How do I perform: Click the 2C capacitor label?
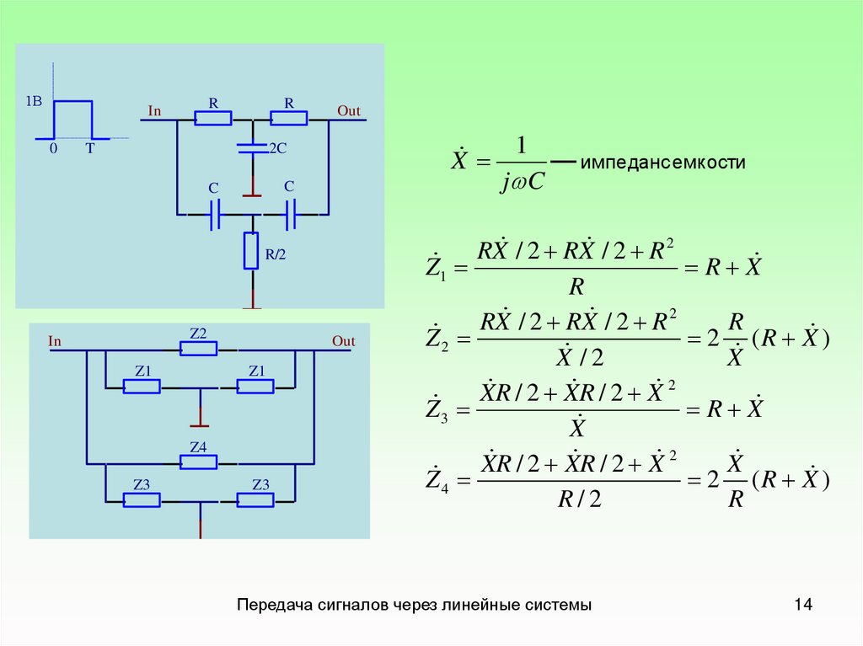(x=278, y=148)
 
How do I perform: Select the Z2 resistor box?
(x=199, y=349)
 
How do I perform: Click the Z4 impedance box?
(x=199, y=462)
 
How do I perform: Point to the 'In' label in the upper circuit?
(x=154, y=111)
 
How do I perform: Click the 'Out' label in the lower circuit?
(x=343, y=341)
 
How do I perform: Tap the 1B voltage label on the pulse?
(x=34, y=101)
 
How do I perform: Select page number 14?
(x=802, y=605)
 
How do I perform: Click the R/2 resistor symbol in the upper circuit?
(x=251, y=251)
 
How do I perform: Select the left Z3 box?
(x=142, y=499)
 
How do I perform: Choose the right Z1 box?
(x=255, y=386)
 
